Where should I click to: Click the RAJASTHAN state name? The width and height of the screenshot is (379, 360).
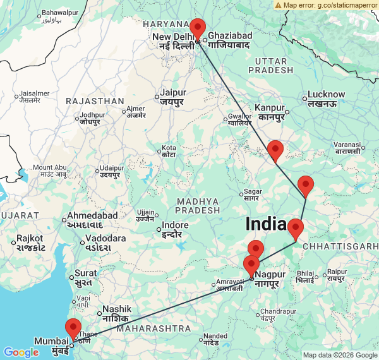(95, 101)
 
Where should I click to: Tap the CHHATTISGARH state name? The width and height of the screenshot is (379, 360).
(340, 245)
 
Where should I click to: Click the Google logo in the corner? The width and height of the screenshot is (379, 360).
(21, 352)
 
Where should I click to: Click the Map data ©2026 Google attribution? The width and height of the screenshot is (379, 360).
(339, 355)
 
